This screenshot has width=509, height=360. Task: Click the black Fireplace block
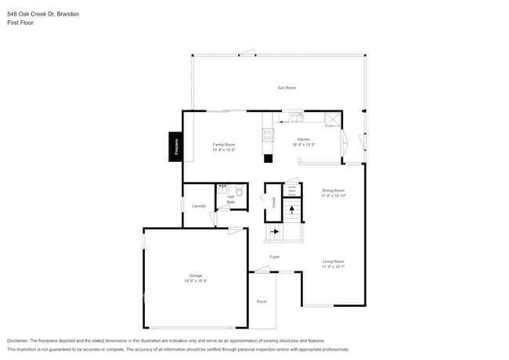click(176, 147)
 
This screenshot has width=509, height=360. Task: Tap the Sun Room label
click(287, 88)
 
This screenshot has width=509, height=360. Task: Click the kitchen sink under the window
click(296, 117)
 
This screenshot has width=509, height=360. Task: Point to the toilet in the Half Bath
click(240, 190)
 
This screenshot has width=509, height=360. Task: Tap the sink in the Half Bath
click(222, 189)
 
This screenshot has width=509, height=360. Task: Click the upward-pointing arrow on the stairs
click(292, 210)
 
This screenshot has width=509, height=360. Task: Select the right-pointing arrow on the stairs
click(274, 232)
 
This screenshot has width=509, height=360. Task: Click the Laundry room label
click(199, 206)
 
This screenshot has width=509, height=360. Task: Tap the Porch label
click(262, 301)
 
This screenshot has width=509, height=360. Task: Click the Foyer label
click(275, 257)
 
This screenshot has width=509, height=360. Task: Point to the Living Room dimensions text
click(334, 267)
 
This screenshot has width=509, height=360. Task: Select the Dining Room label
click(334, 190)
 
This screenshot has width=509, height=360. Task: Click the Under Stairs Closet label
click(291, 190)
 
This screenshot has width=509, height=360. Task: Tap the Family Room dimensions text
click(224, 149)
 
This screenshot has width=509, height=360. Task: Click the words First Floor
click(20, 23)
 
